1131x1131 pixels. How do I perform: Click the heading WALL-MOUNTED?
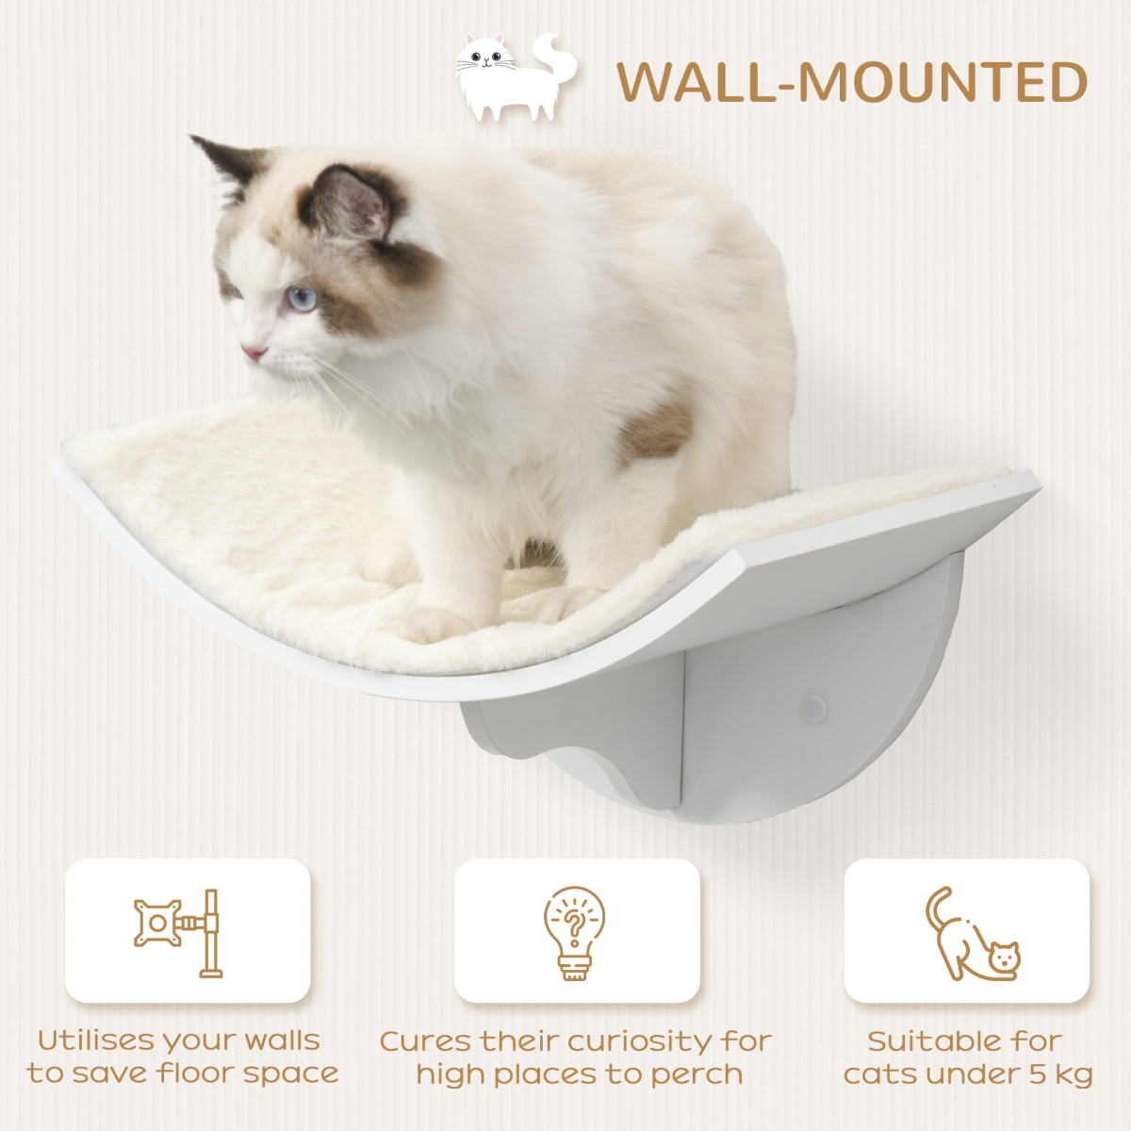852,82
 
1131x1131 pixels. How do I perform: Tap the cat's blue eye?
302,299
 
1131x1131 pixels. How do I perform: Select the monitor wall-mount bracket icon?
178,932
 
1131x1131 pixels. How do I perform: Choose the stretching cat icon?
971,934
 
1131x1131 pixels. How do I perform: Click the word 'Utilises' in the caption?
97,1041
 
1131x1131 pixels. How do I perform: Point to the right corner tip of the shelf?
1037,484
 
